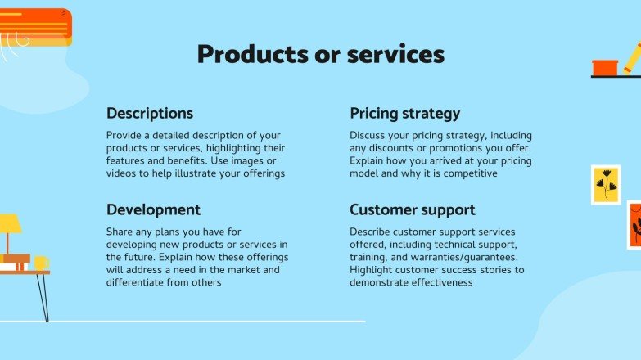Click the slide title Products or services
(320, 54)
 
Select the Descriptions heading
(150, 113)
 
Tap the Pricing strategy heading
(404, 113)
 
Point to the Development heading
(153, 209)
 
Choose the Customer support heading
(413, 209)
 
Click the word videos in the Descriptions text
(124, 173)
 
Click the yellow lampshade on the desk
(9, 223)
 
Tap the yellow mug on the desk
(40, 263)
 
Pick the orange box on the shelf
(605, 66)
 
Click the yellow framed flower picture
(605, 185)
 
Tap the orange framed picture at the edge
(634, 224)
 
